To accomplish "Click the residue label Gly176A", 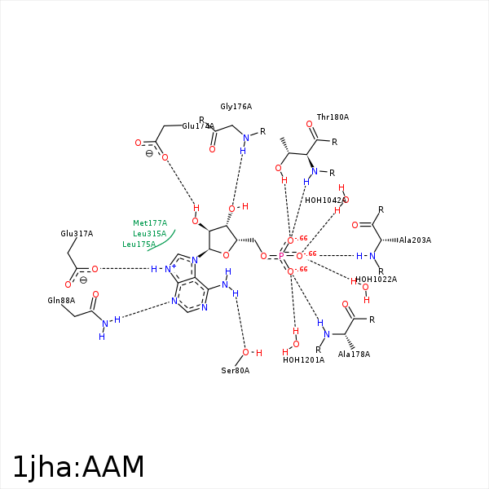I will click(236, 107).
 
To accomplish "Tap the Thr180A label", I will click(333, 117).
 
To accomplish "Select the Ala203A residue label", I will click(415, 240).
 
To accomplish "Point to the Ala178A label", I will click(354, 355).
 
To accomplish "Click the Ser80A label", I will click(235, 371).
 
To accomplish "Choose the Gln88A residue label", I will click(61, 301).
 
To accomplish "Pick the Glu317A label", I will click(77, 234).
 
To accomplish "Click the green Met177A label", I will click(150, 223).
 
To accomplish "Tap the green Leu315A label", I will click(150, 234).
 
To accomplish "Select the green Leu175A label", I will click(139, 244).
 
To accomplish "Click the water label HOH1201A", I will click(303, 360).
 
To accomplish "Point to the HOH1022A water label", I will click(376, 280).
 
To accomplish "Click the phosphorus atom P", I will click(281, 256).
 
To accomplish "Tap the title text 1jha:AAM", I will click(78, 467).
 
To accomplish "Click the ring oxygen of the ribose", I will click(226, 255).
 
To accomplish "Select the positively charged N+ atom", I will click(170, 268).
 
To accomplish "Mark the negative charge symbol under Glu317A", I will click(83, 280).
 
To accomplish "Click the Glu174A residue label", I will click(198, 126).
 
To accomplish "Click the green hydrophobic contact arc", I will click(163, 241).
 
